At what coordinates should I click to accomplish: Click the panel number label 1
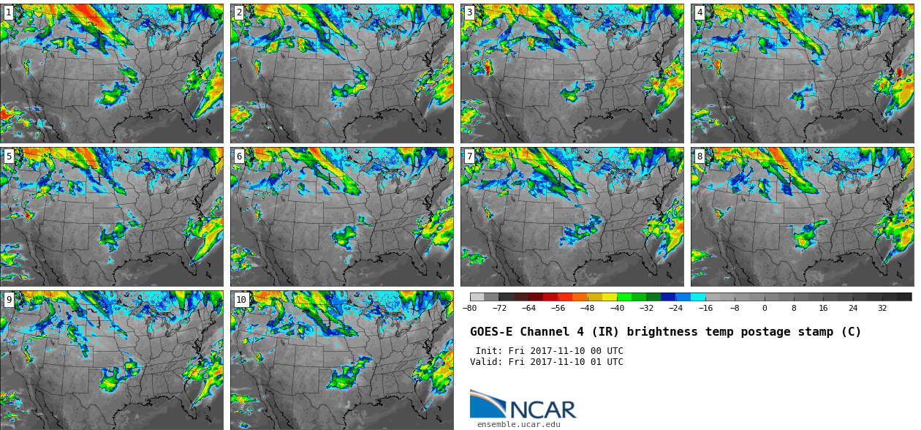(8, 12)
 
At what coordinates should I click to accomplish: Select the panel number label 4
(700, 12)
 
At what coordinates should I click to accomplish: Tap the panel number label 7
(469, 156)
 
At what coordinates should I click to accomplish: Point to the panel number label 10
(241, 299)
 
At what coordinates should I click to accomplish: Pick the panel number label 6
(238, 156)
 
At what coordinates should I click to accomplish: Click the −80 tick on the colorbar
(470, 308)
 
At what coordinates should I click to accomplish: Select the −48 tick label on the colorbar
(588, 308)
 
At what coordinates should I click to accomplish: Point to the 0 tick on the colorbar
(765, 308)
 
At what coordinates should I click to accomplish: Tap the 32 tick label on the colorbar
(882, 308)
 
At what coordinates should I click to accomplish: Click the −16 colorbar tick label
(705, 308)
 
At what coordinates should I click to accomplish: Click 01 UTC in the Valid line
(606, 362)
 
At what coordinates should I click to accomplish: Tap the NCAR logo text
(543, 410)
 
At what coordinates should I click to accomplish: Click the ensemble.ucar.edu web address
(519, 424)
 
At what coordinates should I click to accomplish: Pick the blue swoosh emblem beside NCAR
(487, 404)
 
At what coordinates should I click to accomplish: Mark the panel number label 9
(8, 299)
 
